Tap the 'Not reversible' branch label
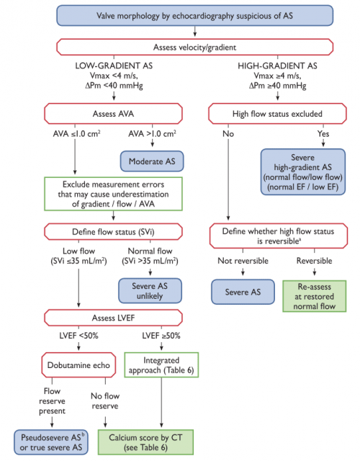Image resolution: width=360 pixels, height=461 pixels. [238, 260]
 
